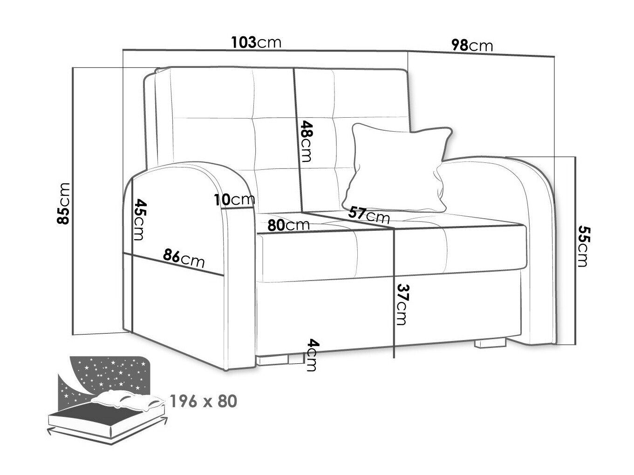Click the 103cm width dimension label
(256, 42)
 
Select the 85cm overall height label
(63, 203)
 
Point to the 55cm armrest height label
(583, 246)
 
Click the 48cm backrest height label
(307, 141)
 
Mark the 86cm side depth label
(184, 258)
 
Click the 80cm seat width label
(288, 225)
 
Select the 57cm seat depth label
(369, 215)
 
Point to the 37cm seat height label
(402, 305)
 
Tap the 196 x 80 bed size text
(204, 401)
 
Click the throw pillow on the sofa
(397, 168)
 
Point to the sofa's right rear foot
(491, 343)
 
